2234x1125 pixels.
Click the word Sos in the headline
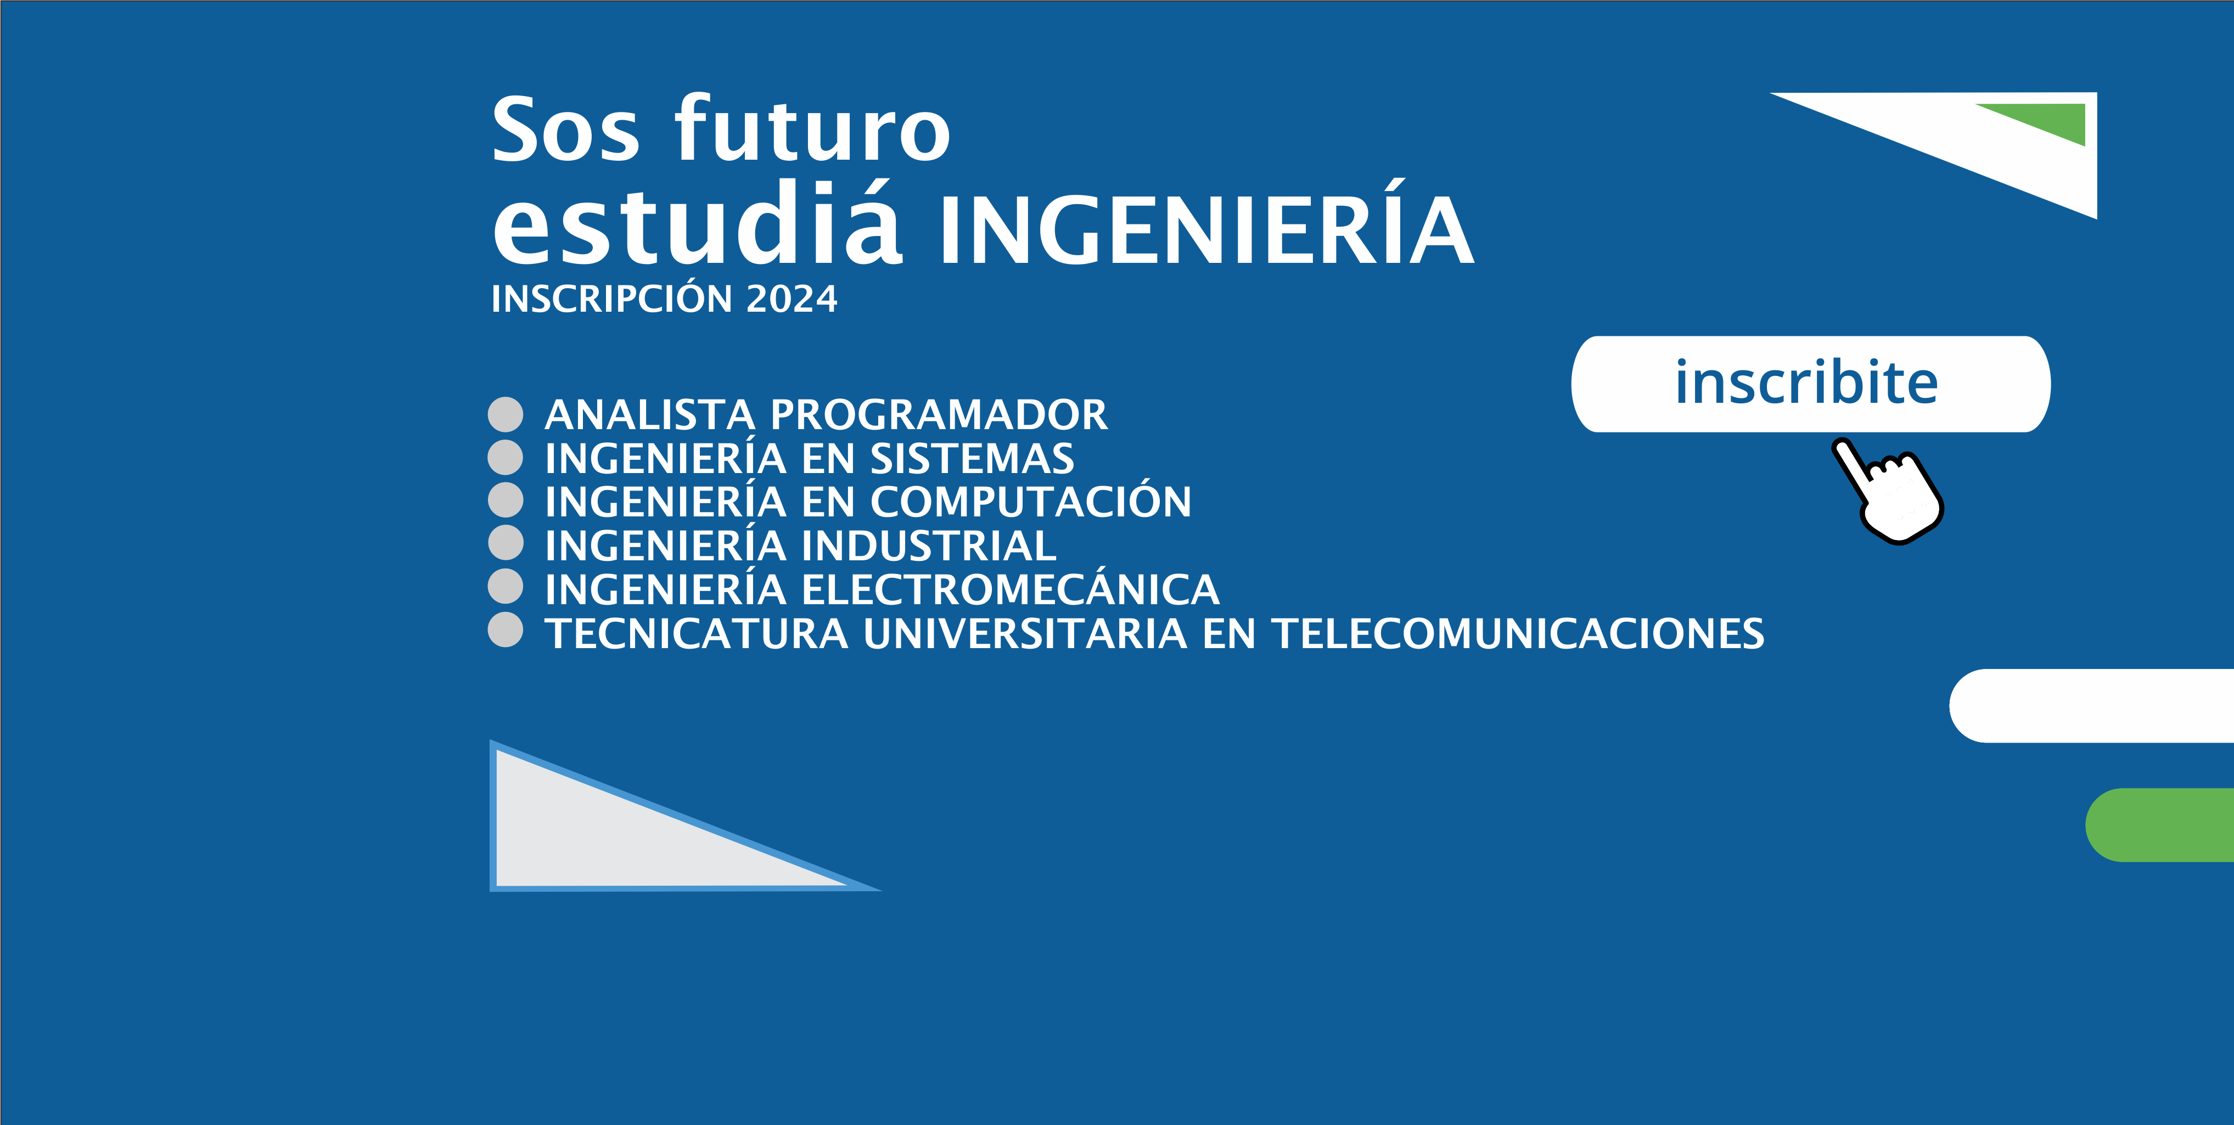click(x=565, y=130)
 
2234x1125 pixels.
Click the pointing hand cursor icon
click(x=1888, y=491)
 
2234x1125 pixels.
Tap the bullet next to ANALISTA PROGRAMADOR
click(x=506, y=415)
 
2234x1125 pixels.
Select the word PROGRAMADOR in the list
click(x=939, y=415)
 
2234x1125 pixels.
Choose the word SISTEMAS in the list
click(x=972, y=458)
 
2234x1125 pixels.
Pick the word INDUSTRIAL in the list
click(x=929, y=545)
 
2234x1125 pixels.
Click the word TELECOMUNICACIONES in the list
click(x=1518, y=633)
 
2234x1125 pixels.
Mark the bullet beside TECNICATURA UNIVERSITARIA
click(x=506, y=629)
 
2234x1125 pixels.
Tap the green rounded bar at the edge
click(x=2159, y=825)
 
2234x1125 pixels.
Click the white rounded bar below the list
click(x=2092, y=705)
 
